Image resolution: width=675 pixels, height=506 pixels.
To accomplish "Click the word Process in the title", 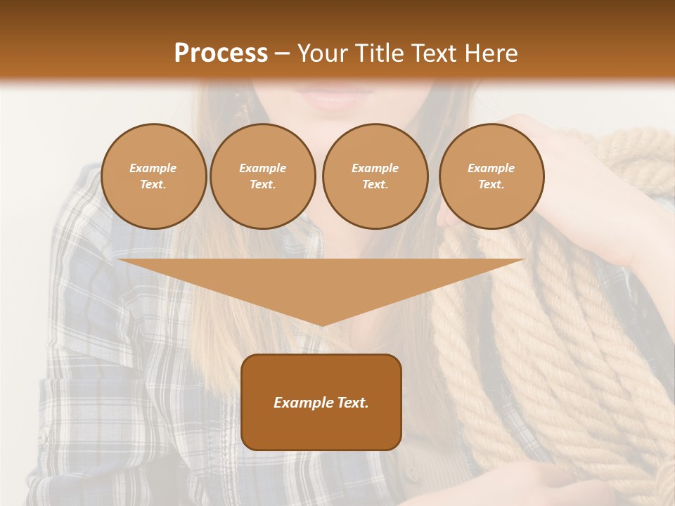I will (x=221, y=53).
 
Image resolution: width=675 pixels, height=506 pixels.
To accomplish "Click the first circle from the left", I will (x=153, y=176).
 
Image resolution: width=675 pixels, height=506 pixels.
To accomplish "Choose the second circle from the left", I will (x=263, y=176).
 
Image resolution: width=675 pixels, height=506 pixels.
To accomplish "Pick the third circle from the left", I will (x=375, y=176).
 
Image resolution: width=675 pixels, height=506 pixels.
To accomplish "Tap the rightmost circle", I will (x=491, y=176).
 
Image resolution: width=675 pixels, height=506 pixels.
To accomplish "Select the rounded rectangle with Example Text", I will (x=321, y=402).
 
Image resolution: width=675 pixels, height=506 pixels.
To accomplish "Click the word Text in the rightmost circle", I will (x=491, y=185).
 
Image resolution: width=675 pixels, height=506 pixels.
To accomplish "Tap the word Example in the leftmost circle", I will (x=153, y=168).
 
